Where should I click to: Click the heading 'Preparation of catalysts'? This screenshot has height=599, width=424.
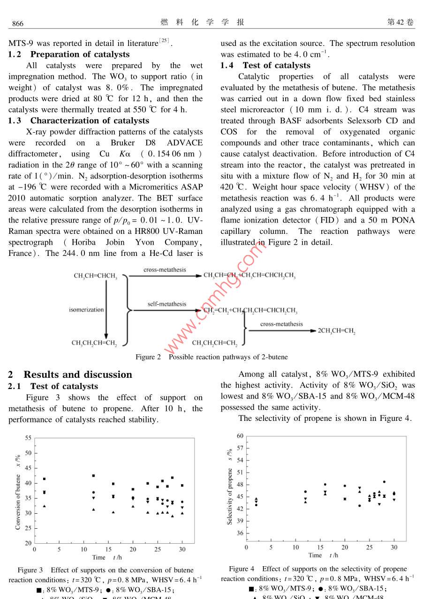click(80, 54)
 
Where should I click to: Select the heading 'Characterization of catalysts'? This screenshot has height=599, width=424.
click(90, 121)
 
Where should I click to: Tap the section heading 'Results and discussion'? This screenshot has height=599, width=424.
click(78, 374)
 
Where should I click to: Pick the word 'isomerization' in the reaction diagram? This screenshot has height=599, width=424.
click(86, 310)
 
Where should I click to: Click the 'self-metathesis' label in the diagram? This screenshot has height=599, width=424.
click(167, 304)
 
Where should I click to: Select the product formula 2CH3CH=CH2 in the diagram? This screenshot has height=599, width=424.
click(336, 331)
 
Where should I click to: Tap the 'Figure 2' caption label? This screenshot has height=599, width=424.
click(148, 357)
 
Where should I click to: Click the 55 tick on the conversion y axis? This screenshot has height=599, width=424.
click(28, 438)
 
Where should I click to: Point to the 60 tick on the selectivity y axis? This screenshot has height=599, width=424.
click(240, 436)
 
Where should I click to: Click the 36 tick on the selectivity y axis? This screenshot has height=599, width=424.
click(240, 533)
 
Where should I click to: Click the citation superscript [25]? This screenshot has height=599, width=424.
click(164, 41)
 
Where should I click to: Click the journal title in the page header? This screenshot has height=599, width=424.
click(202, 22)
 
